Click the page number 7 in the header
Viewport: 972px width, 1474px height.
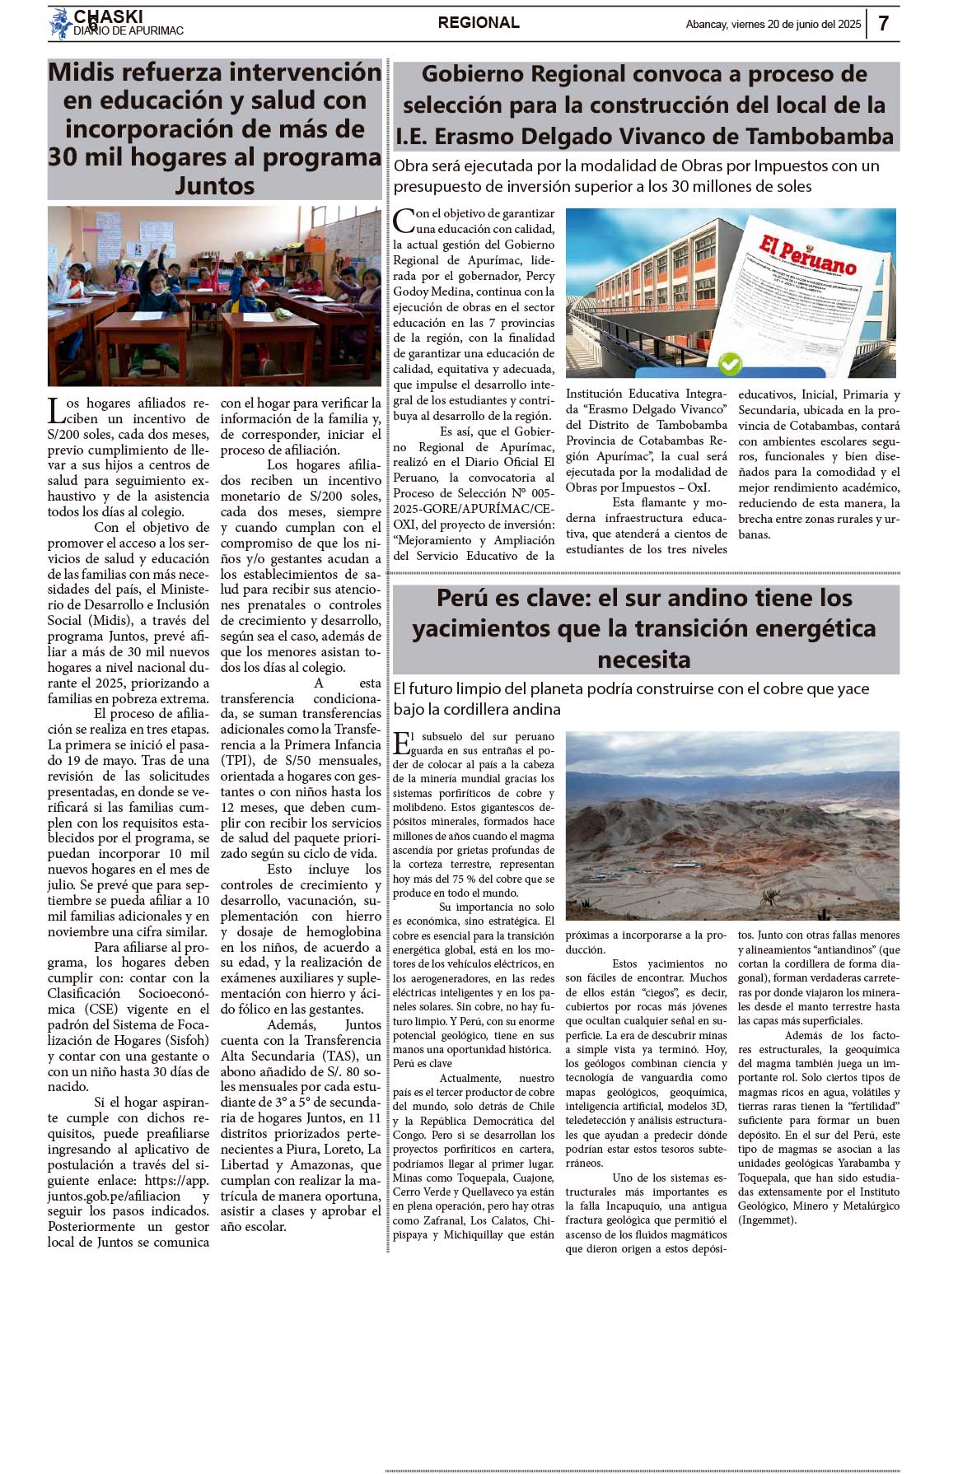[883, 23]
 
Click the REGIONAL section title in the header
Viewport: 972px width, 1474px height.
[479, 23]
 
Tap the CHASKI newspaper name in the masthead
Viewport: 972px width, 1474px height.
[108, 16]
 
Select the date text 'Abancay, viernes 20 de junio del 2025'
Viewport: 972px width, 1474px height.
[773, 25]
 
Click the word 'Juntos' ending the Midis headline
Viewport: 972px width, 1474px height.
[214, 185]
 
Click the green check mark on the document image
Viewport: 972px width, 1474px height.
[730, 362]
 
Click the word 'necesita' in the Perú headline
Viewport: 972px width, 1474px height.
[644, 660]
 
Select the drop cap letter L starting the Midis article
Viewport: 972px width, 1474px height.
[55, 410]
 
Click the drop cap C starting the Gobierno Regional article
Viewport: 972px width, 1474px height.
[403, 221]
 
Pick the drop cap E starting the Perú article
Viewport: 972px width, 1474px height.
[401, 744]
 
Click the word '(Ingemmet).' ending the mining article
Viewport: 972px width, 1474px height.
[767, 1220]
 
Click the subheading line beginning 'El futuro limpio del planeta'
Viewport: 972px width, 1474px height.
[631, 688]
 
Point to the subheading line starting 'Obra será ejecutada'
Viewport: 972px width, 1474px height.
[636, 166]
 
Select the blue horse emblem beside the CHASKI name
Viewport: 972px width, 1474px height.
[61, 23]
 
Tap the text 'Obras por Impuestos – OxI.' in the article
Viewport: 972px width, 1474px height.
[638, 487]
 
